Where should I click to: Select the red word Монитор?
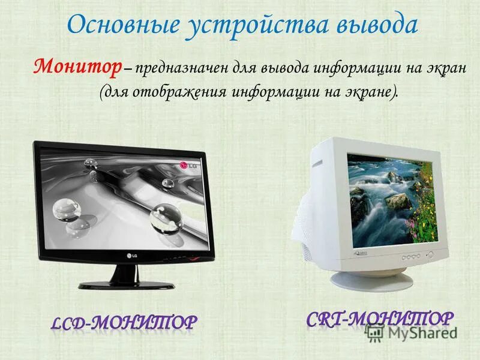77,67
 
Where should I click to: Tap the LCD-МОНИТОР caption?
122,323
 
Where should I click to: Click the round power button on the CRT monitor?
429,254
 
